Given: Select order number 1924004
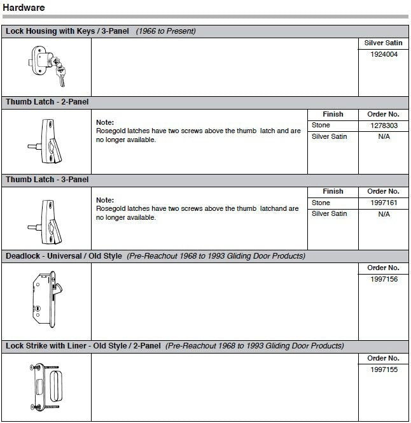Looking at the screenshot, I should [384, 55].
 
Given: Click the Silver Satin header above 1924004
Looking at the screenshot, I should [384, 43].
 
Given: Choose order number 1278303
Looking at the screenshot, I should [384, 126].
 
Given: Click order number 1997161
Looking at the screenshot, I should [384, 203].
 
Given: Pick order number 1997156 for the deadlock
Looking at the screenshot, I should [384, 279].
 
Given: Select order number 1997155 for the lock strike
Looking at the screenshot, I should [384, 369].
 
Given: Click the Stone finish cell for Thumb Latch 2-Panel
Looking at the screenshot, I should [321, 126].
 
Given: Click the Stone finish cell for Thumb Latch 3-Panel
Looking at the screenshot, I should [321, 203].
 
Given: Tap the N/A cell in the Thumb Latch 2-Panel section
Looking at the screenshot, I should [384, 137].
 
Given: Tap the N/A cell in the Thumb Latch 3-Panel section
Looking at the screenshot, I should [384, 214].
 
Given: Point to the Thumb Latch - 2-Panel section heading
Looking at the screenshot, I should [47, 102].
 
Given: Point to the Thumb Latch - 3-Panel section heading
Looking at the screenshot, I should [47, 180].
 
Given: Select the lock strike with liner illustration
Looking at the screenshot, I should [45, 387].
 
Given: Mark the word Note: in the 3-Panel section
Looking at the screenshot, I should [105, 200].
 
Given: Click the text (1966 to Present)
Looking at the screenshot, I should [165, 31].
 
